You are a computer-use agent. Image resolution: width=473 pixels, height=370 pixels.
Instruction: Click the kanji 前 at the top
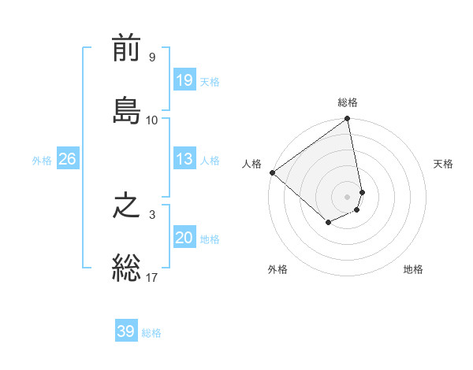click(x=126, y=50)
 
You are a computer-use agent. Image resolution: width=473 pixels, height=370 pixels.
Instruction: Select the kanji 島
click(x=126, y=109)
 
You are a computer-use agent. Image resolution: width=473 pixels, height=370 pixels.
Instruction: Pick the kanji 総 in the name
click(x=126, y=267)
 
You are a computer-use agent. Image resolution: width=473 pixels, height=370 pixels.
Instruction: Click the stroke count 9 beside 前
click(x=152, y=57)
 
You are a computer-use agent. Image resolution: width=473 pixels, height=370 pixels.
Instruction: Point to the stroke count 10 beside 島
click(x=152, y=120)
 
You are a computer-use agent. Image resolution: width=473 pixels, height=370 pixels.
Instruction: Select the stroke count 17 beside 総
click(x=152, y=277)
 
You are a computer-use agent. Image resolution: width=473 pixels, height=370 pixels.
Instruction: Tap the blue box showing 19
click(x=184, y=80)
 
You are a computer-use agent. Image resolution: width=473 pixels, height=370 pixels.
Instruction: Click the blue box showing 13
click(x=184, y=159)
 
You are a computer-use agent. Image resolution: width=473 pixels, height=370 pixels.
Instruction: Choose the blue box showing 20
click(x=184, y=238)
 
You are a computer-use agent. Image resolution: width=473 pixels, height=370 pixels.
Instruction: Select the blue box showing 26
click(x=67, y=159)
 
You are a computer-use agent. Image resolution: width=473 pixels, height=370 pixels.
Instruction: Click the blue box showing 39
click(x=126, y=331)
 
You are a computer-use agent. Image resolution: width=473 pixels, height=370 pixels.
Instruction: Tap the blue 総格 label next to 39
click(x=151, y=333)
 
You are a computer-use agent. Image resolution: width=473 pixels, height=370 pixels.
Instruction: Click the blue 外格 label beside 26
click(x=42, y=161)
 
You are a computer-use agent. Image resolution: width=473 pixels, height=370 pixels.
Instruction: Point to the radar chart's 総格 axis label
click(x=348, y=102)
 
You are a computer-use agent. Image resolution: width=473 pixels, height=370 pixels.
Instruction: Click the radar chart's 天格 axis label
click(x=444, y=164)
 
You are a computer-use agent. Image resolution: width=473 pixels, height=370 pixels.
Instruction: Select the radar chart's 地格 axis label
click(x=413, y=269)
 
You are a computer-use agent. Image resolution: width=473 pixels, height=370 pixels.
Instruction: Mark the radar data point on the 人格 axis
click(x=272, y=172)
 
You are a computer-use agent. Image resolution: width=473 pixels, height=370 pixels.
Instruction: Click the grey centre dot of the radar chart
click(x=348, y=196)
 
